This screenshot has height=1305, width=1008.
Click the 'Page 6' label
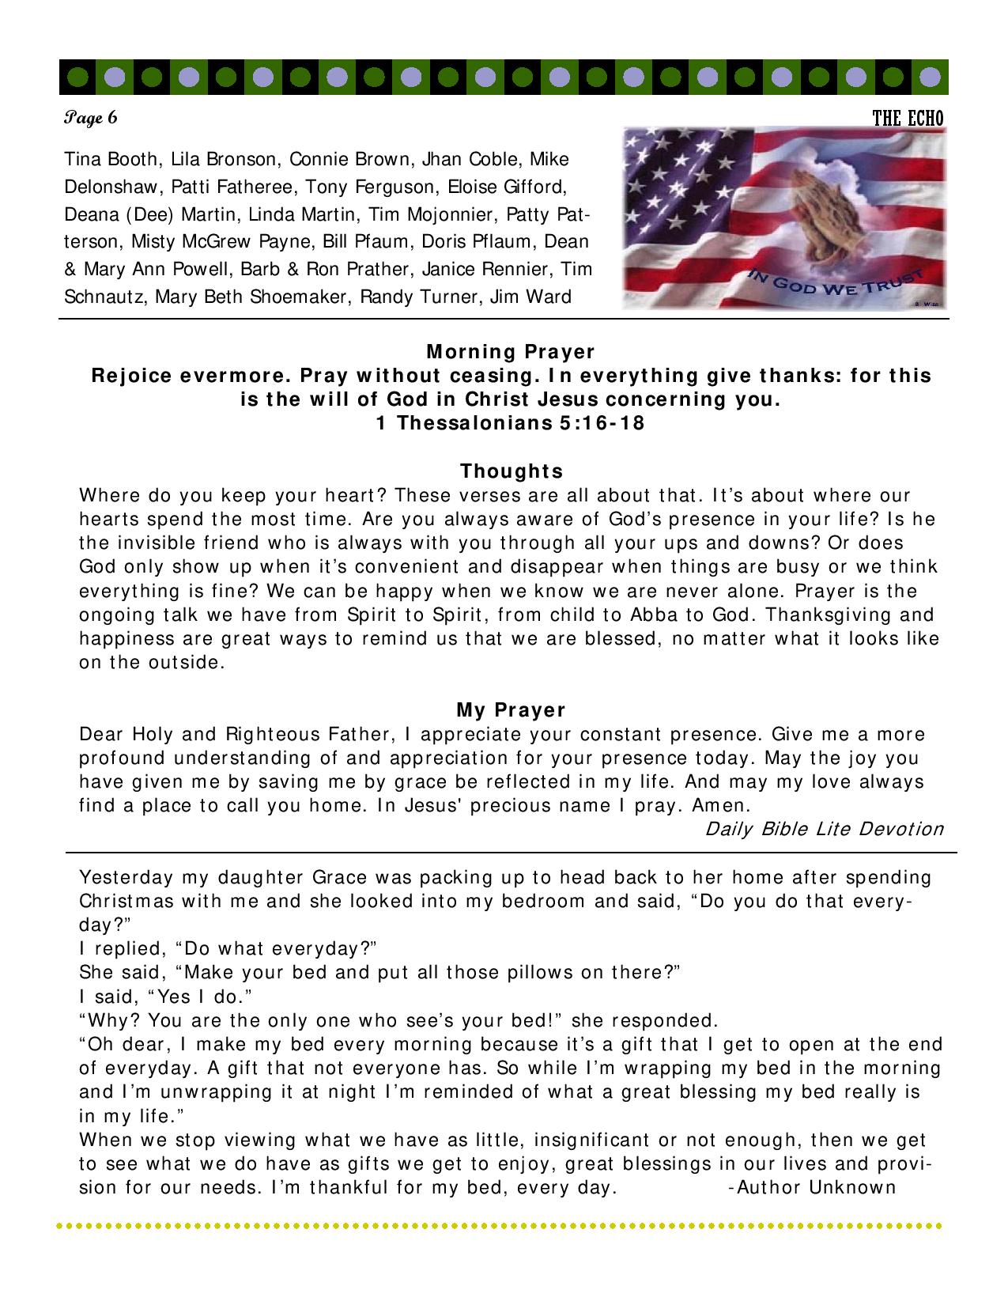pos(91,119)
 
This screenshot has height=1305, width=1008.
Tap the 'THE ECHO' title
pos(908,119)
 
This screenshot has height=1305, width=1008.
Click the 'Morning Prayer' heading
pos(510,351)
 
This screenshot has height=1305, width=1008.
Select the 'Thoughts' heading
pos(512,471)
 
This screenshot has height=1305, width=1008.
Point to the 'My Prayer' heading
pos(511,710)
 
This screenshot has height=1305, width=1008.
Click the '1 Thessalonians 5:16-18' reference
pos(510,423)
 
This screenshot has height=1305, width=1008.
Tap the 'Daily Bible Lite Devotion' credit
pos(825,829)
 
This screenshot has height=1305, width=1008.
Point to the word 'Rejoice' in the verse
pos(131,375)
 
